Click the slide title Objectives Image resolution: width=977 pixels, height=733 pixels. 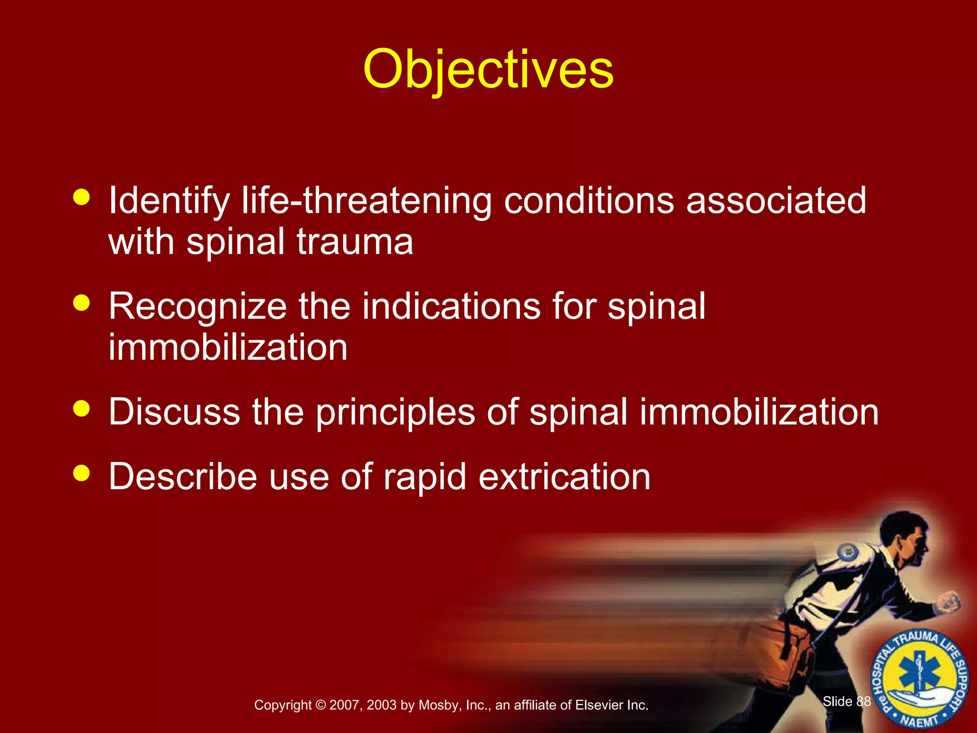tap(488, 70)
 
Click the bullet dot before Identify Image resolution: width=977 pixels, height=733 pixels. tap(82, 197)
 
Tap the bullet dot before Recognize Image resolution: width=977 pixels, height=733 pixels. tap(82, 303)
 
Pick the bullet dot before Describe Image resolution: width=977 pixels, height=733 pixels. tap(82, 473)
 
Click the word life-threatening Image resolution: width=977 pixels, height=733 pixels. tap(366, 200)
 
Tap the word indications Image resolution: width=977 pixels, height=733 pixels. tap(451, 306)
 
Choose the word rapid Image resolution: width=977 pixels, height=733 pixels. tap(425, 477)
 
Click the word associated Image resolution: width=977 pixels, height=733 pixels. tap(776, 200)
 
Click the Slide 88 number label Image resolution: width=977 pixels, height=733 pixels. tap(847, 701)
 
